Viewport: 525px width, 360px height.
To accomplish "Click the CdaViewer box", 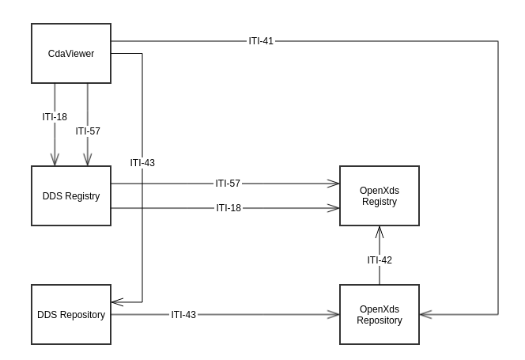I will pos(70,54).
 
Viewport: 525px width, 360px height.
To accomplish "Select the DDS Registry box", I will pos(70,196).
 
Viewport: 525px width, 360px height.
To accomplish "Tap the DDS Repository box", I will pos(70,315).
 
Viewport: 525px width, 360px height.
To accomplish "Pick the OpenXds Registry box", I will pos(379,196).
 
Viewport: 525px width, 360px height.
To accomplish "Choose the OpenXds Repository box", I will pos(379,315).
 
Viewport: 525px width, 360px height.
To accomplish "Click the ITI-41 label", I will pos(261,40).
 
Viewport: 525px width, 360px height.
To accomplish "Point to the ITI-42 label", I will pos(380,260).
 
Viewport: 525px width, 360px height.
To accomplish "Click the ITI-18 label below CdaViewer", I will pos(55,117).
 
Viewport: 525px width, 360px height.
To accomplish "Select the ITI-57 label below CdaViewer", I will pos(88,131).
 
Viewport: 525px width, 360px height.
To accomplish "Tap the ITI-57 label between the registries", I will pos(228,184).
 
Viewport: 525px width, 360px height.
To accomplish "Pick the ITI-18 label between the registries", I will pos(229,208).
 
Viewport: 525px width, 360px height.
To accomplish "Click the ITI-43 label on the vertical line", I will pos(142,162).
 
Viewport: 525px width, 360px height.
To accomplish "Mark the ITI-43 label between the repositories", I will pos(183,315).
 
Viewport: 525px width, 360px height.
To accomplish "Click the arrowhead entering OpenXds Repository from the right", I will pos(424,315).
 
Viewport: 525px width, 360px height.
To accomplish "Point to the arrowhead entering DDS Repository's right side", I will pos(115,301).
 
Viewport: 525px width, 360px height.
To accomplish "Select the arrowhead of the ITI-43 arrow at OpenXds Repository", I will pos(334,315).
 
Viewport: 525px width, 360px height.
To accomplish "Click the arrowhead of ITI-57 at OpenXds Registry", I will pos(334,184).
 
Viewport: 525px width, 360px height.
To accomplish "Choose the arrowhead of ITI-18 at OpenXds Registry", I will pos(334,208).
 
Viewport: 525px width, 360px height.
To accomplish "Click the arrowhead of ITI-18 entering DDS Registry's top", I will pos(55,161).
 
